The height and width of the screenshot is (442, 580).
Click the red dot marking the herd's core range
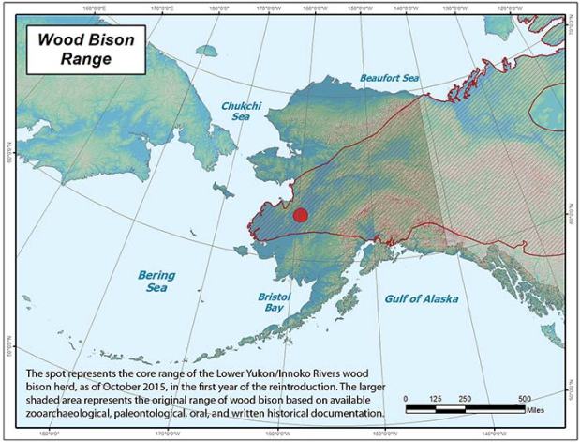(x=300, y=215)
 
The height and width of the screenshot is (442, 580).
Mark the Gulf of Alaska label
(x=421, y=298)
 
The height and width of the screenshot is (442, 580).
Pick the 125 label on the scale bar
(x=435, y=399)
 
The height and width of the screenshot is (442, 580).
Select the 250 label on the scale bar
(x=467, y=399)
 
